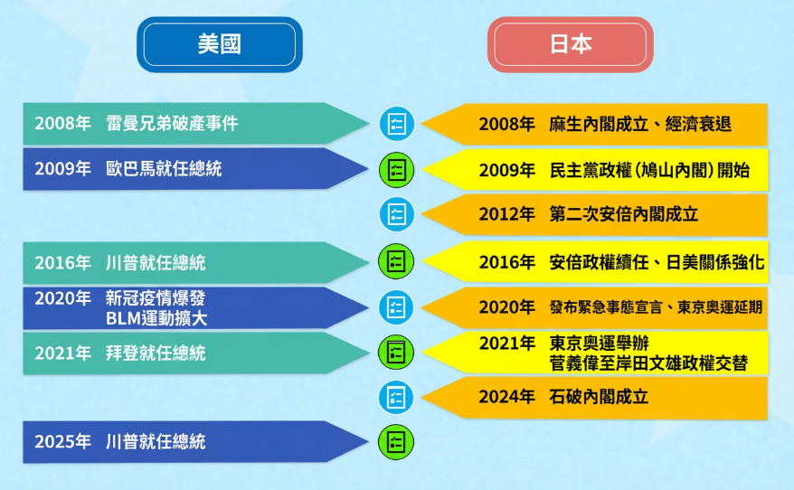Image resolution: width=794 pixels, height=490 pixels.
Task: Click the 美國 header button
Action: click(x=219, y=44)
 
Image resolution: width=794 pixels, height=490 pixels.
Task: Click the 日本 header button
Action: click(x=570, y=44)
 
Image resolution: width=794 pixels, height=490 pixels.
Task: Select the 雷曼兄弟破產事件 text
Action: click(x=171, y=124)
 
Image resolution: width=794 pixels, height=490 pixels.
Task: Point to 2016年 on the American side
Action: click(x=62, y=263)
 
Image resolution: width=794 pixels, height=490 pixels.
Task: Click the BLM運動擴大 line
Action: click(x=155, y=317)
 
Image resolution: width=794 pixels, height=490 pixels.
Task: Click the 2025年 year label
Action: click(x=62, y=442)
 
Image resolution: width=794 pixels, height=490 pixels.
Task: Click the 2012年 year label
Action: click(x=506, y=214)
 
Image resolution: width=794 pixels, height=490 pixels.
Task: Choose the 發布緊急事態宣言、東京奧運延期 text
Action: click(x=656, y=307)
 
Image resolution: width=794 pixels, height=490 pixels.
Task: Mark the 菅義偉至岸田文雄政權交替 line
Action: click(x=647, y=363)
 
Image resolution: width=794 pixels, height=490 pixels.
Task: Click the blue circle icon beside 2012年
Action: click(x=396, y=214)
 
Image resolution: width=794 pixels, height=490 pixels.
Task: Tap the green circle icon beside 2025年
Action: click(x=396, y=441)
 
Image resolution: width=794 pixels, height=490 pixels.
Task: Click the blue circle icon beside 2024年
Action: click(x=396, y=397)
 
